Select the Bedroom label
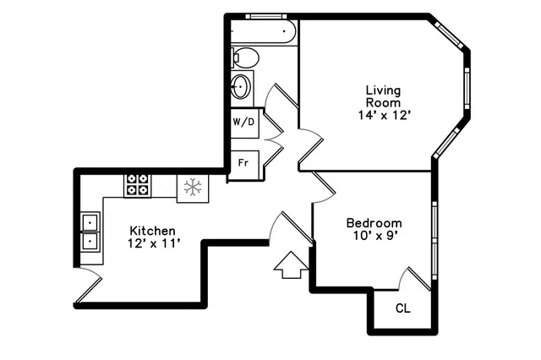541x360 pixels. (374, 223)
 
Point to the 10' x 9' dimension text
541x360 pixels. (374, 236)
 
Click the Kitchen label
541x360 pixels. (152, 231)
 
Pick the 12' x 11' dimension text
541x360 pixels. (152, 244)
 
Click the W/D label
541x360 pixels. (244, 122)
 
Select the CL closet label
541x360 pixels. (403, 308)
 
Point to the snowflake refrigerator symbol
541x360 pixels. (192, 188)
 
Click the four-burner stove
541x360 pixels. (138, 185)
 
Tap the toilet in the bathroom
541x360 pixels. (244, 57)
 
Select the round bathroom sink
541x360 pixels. (242, 86)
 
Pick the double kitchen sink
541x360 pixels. (90, 232)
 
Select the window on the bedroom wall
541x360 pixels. (434, 240)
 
